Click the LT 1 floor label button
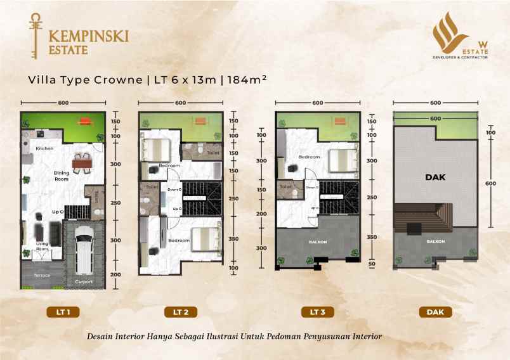[x=63, y=311]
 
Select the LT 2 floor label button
[x=180, y=311]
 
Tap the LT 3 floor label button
[x=317, y=311]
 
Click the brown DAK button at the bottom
[x=435, y=311]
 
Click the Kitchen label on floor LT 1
[x=44, y=148]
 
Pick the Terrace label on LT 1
[x=42, y=276]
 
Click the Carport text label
[x=84, y=281]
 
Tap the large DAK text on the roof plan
[x=435, y=178]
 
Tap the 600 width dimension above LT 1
[x=63, y=103]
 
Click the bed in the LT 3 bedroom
[x=341, y=158]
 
